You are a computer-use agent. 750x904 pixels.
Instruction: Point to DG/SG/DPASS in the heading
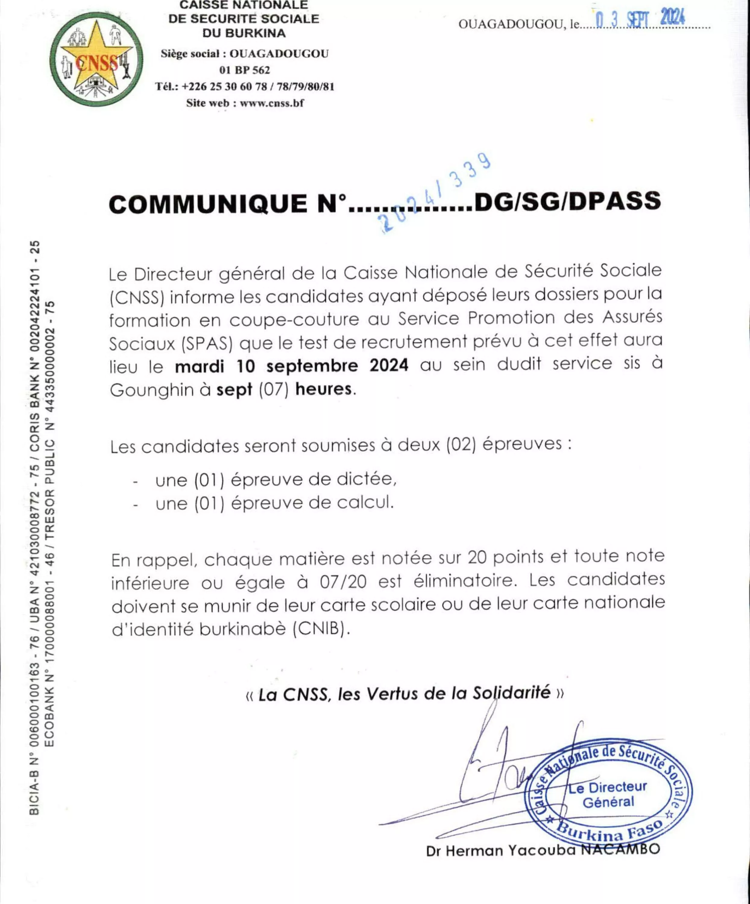click(x=567, y=201)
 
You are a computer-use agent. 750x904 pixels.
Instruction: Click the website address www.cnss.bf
click(x=272, y=103)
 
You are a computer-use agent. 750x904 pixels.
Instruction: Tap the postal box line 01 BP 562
click(x=244, y=70)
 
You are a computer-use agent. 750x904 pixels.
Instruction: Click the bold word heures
click(x=323, y=389)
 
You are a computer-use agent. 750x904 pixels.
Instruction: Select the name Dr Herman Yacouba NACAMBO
click(x=543, y=850)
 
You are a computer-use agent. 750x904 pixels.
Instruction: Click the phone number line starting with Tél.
click(x=244, y=86)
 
